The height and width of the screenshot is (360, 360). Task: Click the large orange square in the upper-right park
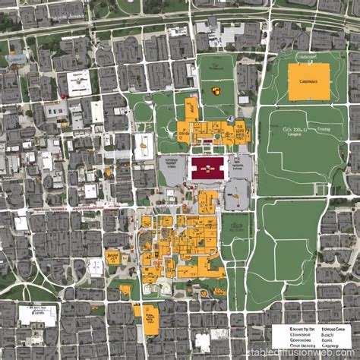309,81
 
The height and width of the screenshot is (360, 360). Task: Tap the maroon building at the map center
208,169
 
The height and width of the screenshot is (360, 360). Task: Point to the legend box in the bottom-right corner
313,335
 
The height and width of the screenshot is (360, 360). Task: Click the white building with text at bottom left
36,315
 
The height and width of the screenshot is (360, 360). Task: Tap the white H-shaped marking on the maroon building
208,169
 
